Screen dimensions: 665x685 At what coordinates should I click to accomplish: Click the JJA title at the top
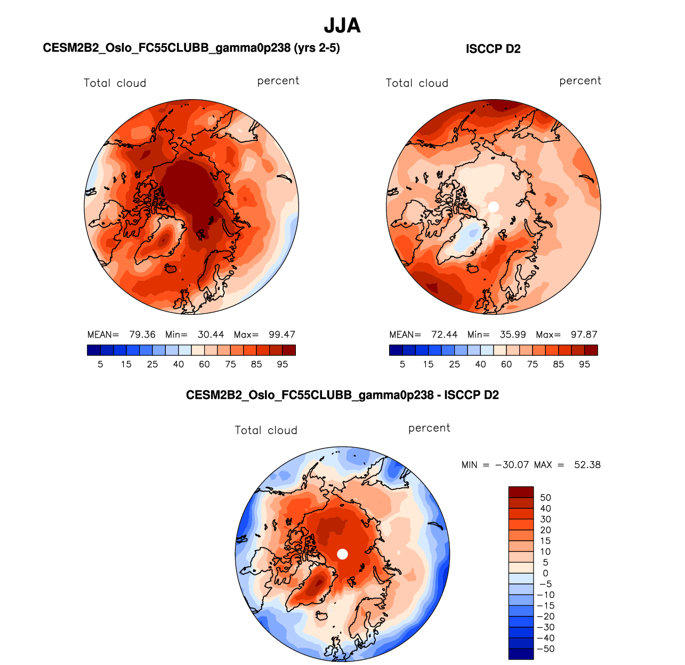pyautogui.click(x=342, y=26)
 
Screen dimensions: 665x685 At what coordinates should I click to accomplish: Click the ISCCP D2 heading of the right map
pyautogui.click(x=493, y=49)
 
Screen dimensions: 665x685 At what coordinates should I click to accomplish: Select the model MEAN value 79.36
pyautogui.click(x=142, y=335)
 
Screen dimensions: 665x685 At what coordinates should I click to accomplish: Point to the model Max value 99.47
pyautogui.click(x=282, y=335)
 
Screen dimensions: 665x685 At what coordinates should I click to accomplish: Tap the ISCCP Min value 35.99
pyautogui.click(x=513, y=335)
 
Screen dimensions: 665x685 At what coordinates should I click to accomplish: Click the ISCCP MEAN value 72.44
pyautogui.click(x=445, y=335)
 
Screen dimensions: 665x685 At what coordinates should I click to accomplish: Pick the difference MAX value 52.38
pyautogui.click(x=587, y=465)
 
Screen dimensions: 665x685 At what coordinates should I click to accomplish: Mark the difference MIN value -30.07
pyautogui.click(x=512, y=465)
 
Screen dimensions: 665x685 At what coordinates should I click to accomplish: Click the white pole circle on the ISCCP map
pyautogui.click(x=493, y=206)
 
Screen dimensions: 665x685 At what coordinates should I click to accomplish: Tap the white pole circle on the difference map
pyautogui.click(x=343, y=554)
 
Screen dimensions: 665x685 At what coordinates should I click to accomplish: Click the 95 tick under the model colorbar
pyautogui.click(x=283, y=365)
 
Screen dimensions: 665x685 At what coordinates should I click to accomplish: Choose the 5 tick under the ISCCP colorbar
pyautogui.click(x=402, y=365)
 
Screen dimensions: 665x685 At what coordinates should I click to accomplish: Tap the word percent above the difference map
pyautogui.click(x=429, y=428)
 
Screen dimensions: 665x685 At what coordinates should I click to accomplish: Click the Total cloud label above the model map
pyautogui.click(x=115, y=83)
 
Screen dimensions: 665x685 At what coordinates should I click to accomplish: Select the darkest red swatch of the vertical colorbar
pyautogui.click(x=521, y=492)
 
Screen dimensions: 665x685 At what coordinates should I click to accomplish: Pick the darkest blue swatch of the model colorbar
pyautogui.click(x=93, y=350)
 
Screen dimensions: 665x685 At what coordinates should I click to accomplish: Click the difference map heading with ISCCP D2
pyautogui.click(x=342, y=395)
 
